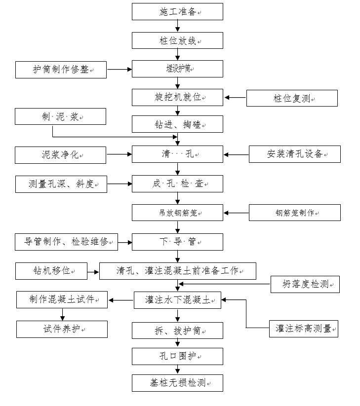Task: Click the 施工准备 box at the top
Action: [177, 12]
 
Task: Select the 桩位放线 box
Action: [177, 40]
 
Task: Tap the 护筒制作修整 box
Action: [61, 70]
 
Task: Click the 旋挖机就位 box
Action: [177, 97]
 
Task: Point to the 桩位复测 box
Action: [292, 98]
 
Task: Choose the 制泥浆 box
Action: [60, 117]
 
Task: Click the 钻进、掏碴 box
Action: [177, 124]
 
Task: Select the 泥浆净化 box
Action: [60, 155]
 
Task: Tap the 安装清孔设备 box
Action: [294, 154]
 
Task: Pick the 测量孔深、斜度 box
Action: [61, 184]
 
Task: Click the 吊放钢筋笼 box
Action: [177, 213]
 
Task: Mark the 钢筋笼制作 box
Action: [294, 213]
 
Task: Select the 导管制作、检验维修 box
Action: [66, 242]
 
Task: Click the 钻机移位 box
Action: [51, 271]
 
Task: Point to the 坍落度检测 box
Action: [305, 284]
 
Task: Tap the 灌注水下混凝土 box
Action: [177, 300]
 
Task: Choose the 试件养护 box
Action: [62, 329]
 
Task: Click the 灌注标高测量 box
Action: [303, 329]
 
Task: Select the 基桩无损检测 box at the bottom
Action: [177, 383]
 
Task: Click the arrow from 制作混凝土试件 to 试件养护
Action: [62, 314]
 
